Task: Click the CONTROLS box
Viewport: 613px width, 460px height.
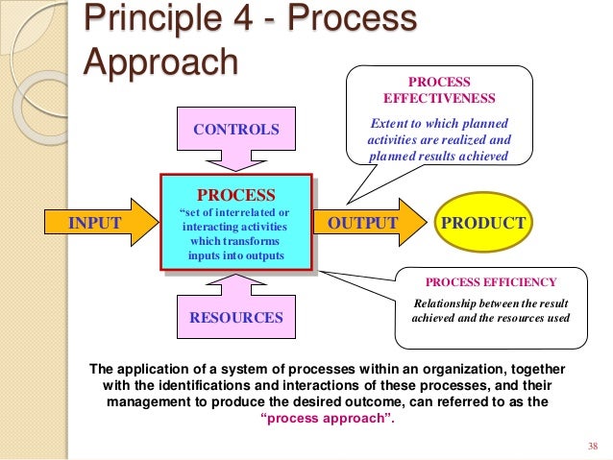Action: pyautogui.click(x=237, y=129)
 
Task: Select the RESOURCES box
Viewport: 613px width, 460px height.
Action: pyautogui.click(x=236, y=317)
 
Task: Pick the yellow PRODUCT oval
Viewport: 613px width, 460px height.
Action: pyautogui.click(x=481, y=224)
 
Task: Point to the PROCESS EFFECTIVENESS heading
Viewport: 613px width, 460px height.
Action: pyautogui.click(x=439, y=90)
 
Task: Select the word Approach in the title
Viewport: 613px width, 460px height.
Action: pyautogui.click(x=159, y=61)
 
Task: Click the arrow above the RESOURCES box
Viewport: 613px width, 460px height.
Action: pyautogui.click(x=236, y=284)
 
